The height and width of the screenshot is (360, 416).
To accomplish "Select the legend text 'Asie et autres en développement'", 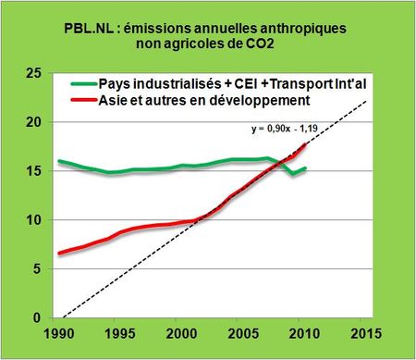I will (208, 98).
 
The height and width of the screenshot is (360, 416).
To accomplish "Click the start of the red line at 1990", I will (59, 254).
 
